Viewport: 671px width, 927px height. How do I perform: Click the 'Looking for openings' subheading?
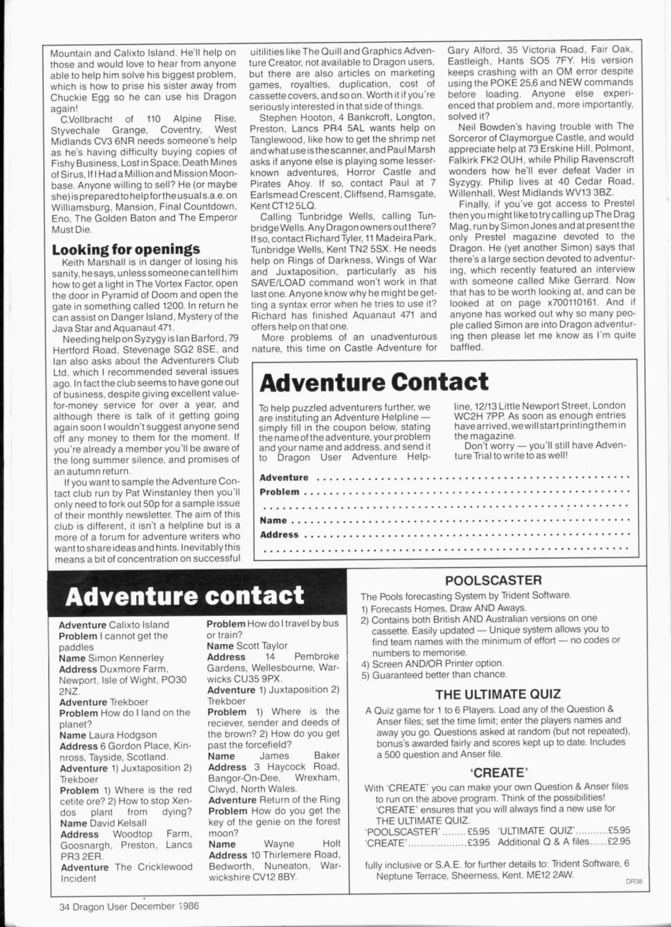126,249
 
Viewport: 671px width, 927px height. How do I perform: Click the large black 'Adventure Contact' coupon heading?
374,382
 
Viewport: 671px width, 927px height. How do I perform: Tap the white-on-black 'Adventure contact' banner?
184,595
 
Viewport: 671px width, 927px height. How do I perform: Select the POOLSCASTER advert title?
493,581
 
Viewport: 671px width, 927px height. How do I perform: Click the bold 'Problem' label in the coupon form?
279,492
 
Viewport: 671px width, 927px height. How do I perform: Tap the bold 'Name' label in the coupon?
273,521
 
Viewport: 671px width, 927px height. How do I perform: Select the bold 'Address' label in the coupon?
279,535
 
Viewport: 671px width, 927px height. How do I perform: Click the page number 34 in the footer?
64,906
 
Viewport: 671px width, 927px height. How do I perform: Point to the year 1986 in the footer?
187,906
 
